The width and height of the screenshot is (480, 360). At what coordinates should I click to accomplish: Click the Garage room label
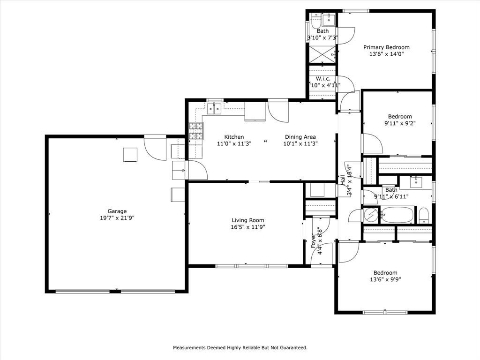117,211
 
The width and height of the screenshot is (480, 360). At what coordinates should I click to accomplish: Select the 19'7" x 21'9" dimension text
117,218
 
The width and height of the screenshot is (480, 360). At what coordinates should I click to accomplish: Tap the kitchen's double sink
215,109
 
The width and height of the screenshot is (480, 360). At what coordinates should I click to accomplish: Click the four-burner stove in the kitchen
196,131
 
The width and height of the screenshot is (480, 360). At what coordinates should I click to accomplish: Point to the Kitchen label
234,137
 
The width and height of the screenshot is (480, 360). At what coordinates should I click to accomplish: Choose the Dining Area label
300,137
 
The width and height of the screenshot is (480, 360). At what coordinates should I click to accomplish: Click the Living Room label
248,220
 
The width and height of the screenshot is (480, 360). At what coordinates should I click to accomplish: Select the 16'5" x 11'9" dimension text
248,227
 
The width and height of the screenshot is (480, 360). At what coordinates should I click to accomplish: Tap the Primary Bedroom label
387,47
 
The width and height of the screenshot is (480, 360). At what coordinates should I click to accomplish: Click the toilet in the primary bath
316,19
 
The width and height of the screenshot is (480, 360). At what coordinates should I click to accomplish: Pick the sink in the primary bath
330,19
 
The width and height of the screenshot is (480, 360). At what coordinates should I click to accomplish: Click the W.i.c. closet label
324,78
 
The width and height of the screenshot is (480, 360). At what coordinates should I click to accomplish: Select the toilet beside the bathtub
423,216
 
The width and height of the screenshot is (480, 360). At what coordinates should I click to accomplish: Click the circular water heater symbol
371,216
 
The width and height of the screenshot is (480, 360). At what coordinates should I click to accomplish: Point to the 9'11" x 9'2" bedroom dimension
400,124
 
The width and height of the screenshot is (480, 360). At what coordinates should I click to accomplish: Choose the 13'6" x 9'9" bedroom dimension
385,279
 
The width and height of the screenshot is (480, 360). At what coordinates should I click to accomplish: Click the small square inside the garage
130,155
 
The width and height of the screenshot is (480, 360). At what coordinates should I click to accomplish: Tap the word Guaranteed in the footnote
292,348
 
